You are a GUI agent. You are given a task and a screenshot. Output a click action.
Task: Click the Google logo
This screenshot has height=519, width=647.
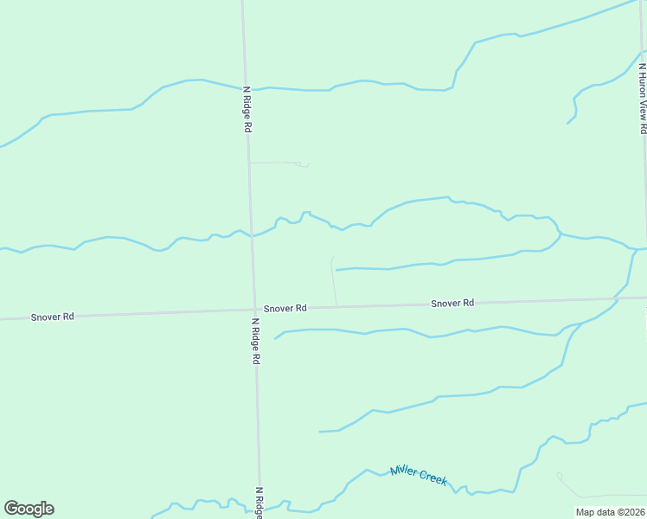29,509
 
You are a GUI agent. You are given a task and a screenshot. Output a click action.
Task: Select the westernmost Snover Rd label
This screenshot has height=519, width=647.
53,317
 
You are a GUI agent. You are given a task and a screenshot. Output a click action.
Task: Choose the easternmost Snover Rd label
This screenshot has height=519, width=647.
452,303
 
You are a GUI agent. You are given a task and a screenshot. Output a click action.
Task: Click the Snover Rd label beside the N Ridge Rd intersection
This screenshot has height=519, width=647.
285,308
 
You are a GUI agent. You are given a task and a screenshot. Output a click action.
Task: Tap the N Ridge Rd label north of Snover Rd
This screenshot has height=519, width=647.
247,108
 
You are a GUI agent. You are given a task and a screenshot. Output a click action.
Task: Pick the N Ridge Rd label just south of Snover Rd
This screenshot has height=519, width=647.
256,341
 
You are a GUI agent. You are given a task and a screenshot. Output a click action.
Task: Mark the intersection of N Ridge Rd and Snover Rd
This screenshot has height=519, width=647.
254,310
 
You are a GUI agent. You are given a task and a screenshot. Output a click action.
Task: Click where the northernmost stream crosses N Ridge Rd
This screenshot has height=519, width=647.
245,88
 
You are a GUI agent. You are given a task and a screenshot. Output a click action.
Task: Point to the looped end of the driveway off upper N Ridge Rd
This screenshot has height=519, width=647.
303,164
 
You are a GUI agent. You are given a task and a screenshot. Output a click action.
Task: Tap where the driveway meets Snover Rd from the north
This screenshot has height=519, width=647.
336,306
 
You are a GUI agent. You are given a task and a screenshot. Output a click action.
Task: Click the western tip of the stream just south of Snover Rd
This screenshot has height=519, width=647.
275,338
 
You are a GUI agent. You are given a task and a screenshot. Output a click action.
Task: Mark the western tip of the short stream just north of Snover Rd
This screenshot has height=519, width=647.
336,270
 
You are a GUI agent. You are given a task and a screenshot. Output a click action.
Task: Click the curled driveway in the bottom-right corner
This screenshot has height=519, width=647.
560,475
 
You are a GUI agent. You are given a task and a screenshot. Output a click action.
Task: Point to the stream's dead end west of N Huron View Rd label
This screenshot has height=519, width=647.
567,123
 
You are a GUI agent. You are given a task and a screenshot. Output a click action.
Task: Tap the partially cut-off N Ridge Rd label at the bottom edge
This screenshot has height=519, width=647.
259,503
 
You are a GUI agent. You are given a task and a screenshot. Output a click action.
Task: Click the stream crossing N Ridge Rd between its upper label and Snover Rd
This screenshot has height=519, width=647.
251,234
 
